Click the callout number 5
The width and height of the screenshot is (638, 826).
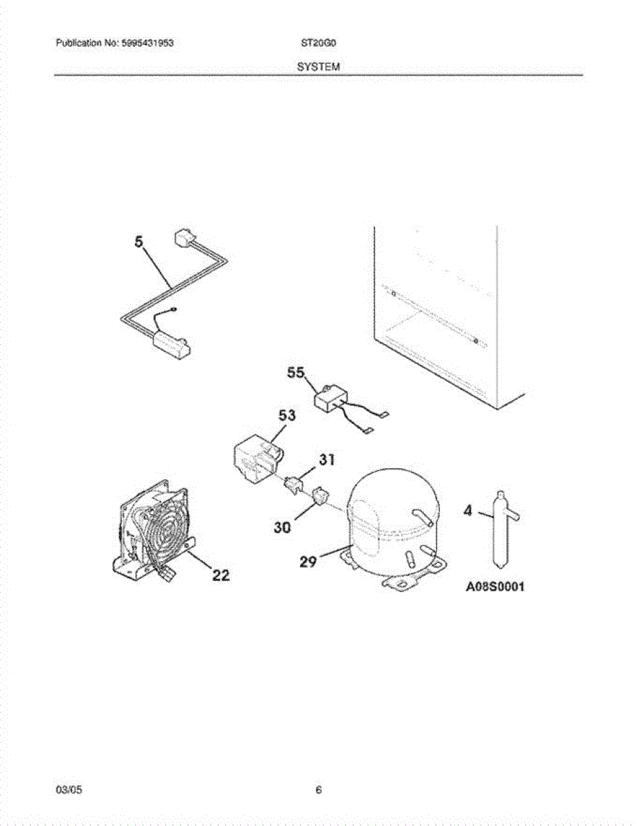(x=140, y=242)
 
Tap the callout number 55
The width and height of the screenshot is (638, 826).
(x=297, y=374)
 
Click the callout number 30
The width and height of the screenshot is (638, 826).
(x=283, y=527)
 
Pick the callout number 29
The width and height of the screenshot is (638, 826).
(x=308, y=562)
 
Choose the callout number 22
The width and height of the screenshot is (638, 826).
(x=220, y=575)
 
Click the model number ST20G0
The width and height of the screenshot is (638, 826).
(x=318, y=43)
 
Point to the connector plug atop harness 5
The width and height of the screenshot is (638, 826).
(x=183, y=240)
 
